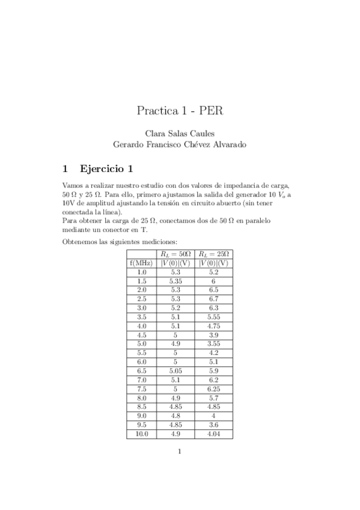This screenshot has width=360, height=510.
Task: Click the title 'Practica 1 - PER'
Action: click(180, 111)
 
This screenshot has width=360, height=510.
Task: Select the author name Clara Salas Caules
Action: click(180, 133)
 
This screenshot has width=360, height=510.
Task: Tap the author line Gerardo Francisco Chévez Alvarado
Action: click(180, 144)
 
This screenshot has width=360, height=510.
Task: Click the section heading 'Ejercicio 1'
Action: click(106, 168)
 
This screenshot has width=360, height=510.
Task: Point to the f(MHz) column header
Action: click(141, 263)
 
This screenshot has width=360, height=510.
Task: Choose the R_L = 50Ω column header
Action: click(175, 254)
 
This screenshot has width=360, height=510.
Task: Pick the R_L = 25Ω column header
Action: click(213, 254)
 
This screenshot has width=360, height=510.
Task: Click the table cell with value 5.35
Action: click(175, 281)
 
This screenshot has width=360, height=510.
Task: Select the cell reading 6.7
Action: click(213, 298)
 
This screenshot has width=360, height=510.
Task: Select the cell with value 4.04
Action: click(213, 434)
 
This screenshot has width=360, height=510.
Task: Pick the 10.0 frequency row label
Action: click(141, 434)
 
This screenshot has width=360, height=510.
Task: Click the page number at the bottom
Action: click(180, 452)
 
